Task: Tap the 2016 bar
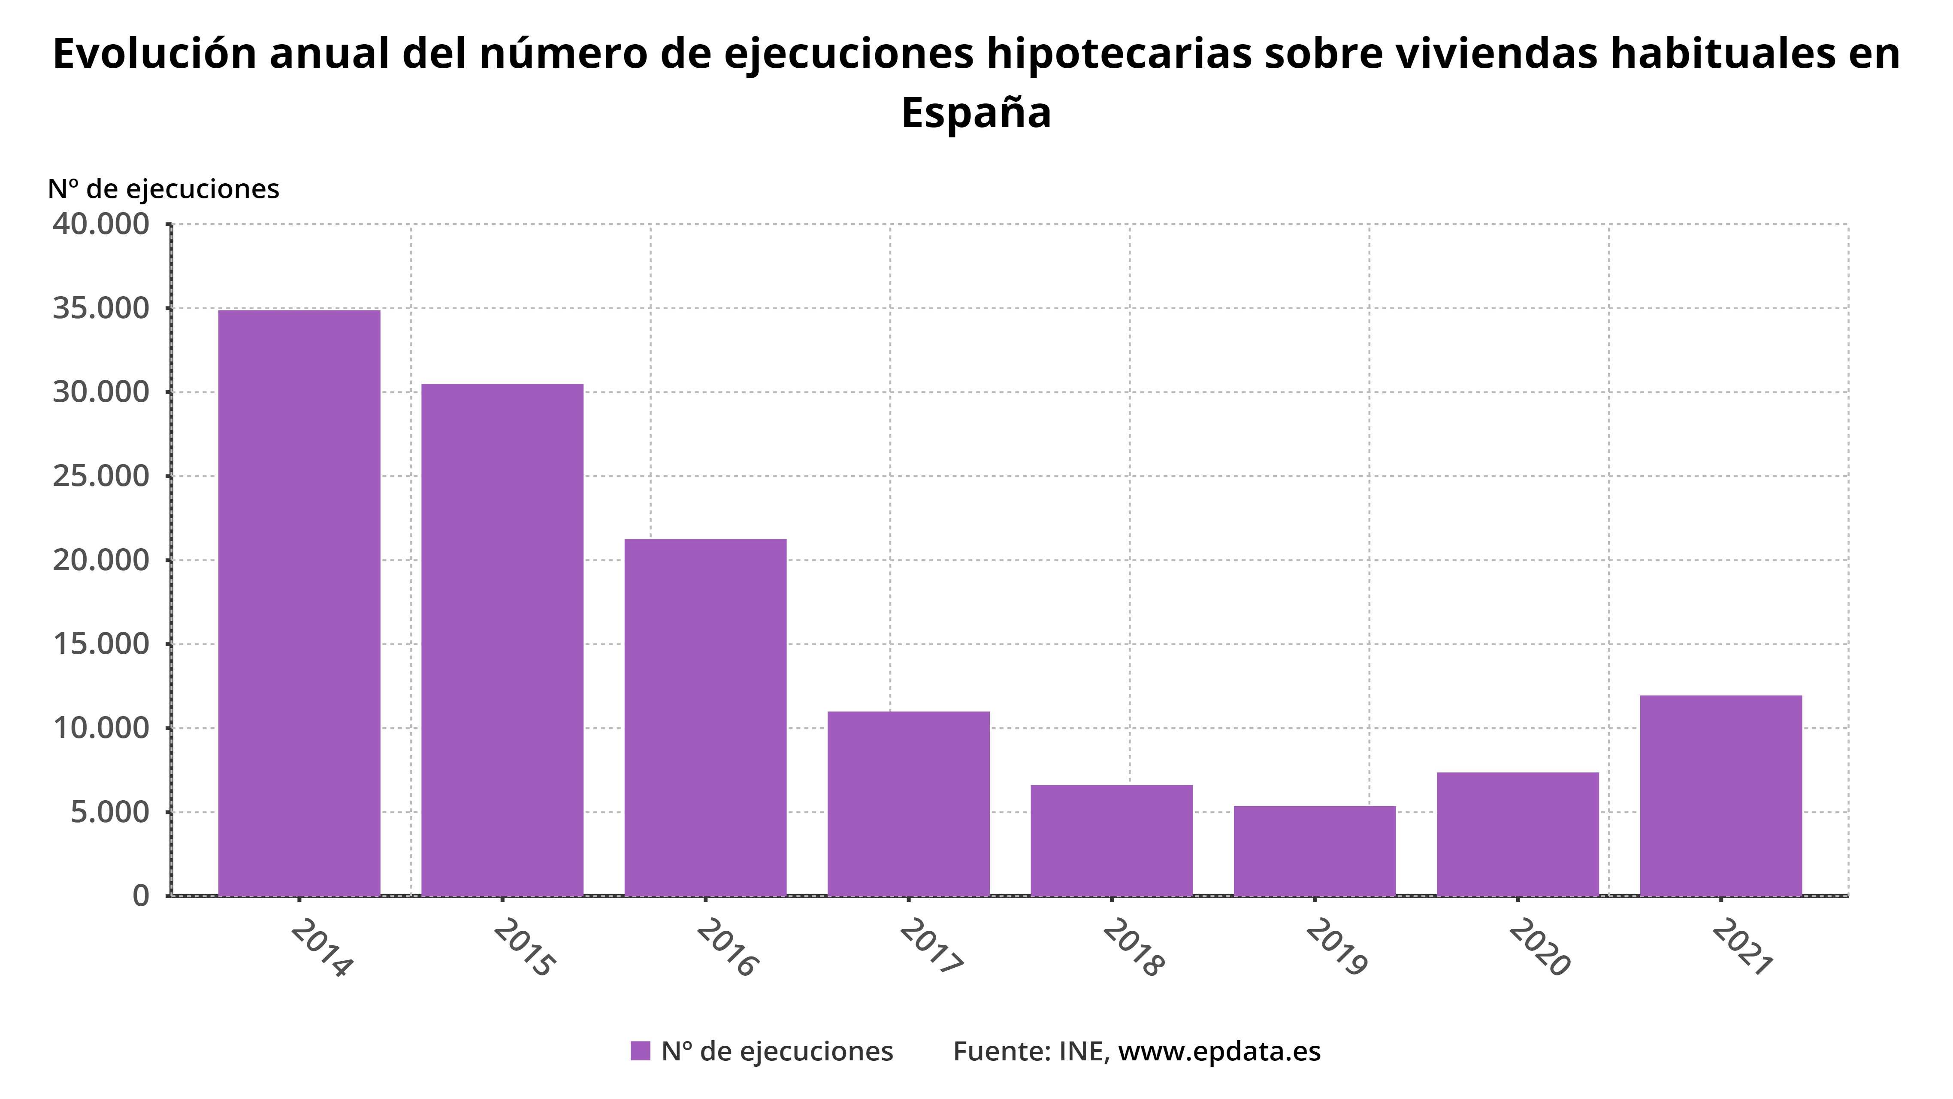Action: point(705,717)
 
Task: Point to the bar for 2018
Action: point(1112,841)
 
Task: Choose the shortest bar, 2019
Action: point(1315,851)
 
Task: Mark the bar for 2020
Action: point(1518,834)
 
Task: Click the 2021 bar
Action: point(1721,795)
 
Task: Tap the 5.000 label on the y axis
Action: point(110,812)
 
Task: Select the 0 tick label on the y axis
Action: point(141,896)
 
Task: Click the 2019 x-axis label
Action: point(1336,947)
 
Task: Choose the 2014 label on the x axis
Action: point(321,947)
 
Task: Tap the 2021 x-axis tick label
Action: point(1742,947)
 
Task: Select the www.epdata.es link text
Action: point(1219,1051)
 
